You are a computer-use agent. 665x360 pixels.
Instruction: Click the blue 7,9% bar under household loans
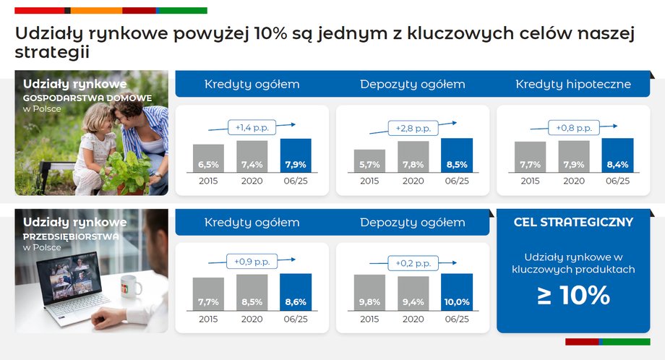click(x=296, y=155)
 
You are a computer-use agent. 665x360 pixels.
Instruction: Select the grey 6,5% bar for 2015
click(x=208, y=158)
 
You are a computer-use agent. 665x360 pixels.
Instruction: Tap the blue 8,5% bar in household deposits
click(x=457, y=155)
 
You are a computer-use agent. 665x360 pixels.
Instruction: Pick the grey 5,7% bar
click(x=369, y=160)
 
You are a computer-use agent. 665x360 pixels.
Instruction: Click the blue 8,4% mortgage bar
click(x=617, y=155)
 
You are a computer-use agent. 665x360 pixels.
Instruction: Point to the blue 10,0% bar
click(x=457, y=292)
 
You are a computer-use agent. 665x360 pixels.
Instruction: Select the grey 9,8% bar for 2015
click(x=369, y=293)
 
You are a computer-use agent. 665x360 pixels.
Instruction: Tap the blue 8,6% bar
click(x=296, y=292)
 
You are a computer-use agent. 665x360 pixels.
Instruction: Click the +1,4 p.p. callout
click(x=252, y=127)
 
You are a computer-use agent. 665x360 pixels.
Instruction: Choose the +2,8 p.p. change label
click(x=413, y=128)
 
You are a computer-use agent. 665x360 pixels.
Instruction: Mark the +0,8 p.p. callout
click(x=574, y=128)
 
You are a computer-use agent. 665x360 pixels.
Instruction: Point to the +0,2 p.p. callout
click(x=413, y=263)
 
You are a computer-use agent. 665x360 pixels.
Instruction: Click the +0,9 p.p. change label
click(x=252, y=262)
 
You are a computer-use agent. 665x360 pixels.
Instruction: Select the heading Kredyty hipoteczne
click(x=573, y=84)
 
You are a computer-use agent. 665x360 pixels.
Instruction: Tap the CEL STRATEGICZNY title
click(x=573, y=222)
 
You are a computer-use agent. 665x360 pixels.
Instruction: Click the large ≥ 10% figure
click(x=573, y=295)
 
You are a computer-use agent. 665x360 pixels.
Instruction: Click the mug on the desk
click(x=131, y=286)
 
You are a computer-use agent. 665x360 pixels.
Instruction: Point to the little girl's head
click(x=97, y=119)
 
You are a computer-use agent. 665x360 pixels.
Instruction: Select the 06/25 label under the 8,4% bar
click(x=617, y=181)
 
